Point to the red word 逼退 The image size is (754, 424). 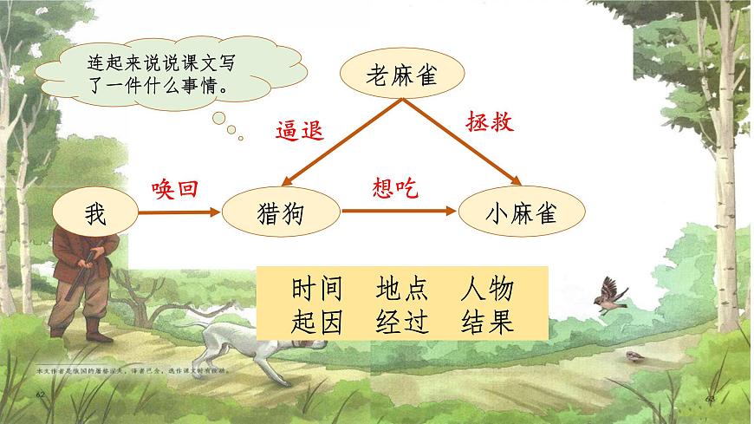point(299,130)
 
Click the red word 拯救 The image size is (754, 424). point(491,121)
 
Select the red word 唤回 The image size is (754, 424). point(175,187)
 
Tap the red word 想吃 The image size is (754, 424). point(394,187)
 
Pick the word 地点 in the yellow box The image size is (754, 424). point(402,289)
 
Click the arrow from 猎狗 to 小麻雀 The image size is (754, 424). point(399,211)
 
